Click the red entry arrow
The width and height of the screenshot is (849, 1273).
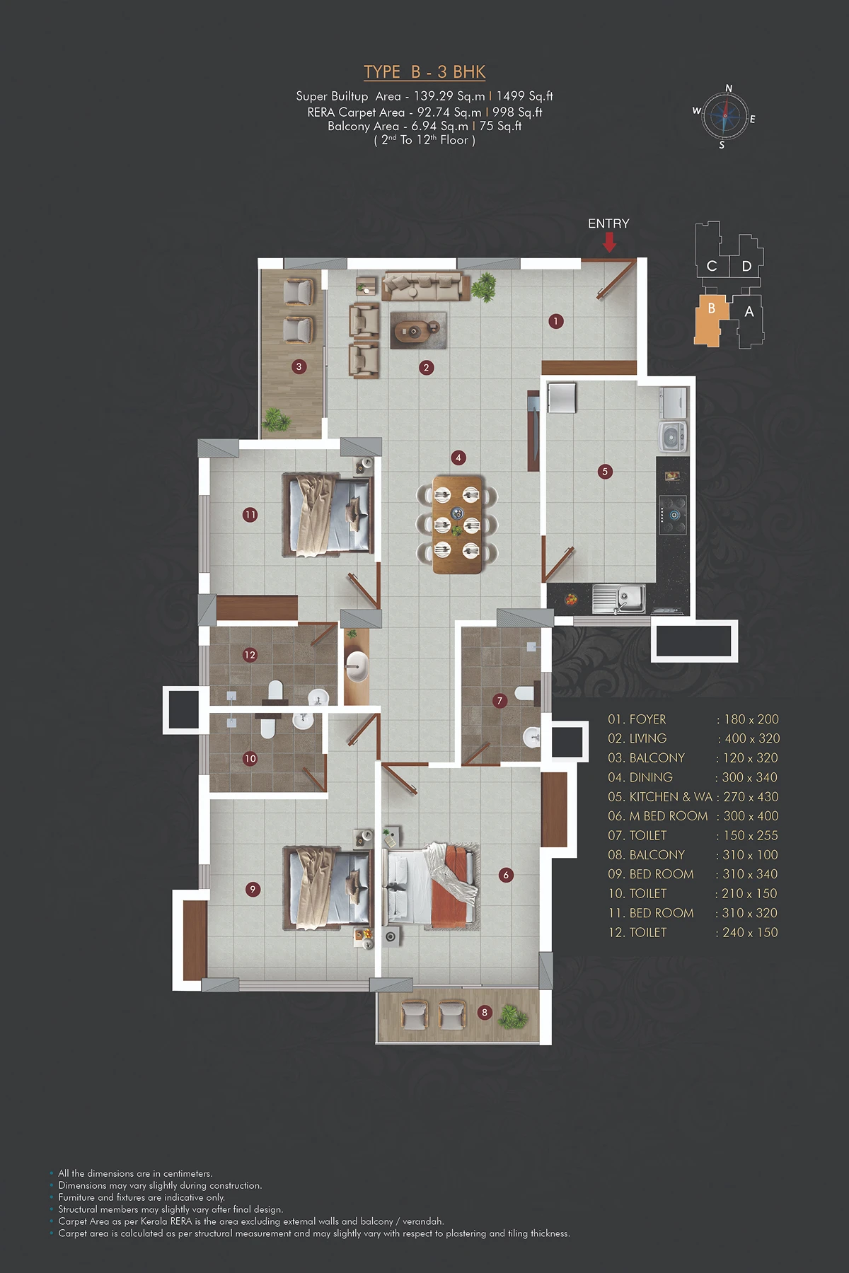pos(609,243)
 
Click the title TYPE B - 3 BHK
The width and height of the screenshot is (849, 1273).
pos(424,72)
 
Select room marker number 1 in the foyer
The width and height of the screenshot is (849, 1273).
pos(556,321)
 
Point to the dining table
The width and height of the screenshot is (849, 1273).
pos(457,524)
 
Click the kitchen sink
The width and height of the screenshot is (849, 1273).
pos(619,598)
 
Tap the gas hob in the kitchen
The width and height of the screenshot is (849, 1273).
pos(673,515)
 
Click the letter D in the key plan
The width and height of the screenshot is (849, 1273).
pos(746,267)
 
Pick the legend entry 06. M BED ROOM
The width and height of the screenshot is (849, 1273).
pos(658,816)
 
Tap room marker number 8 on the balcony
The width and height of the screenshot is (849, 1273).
pos(485,1012)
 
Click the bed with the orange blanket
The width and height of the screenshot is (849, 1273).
pos(432,885)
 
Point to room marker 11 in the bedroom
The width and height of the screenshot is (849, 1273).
pos(250,515)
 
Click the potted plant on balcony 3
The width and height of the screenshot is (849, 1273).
pos(276,420)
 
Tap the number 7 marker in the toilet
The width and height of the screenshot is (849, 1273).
pos(500,701)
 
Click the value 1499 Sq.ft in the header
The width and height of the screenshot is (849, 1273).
pos(524,96)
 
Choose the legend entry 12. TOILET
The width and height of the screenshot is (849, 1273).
pos(637,933)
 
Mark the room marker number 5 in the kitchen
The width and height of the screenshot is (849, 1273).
pos(604,471)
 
